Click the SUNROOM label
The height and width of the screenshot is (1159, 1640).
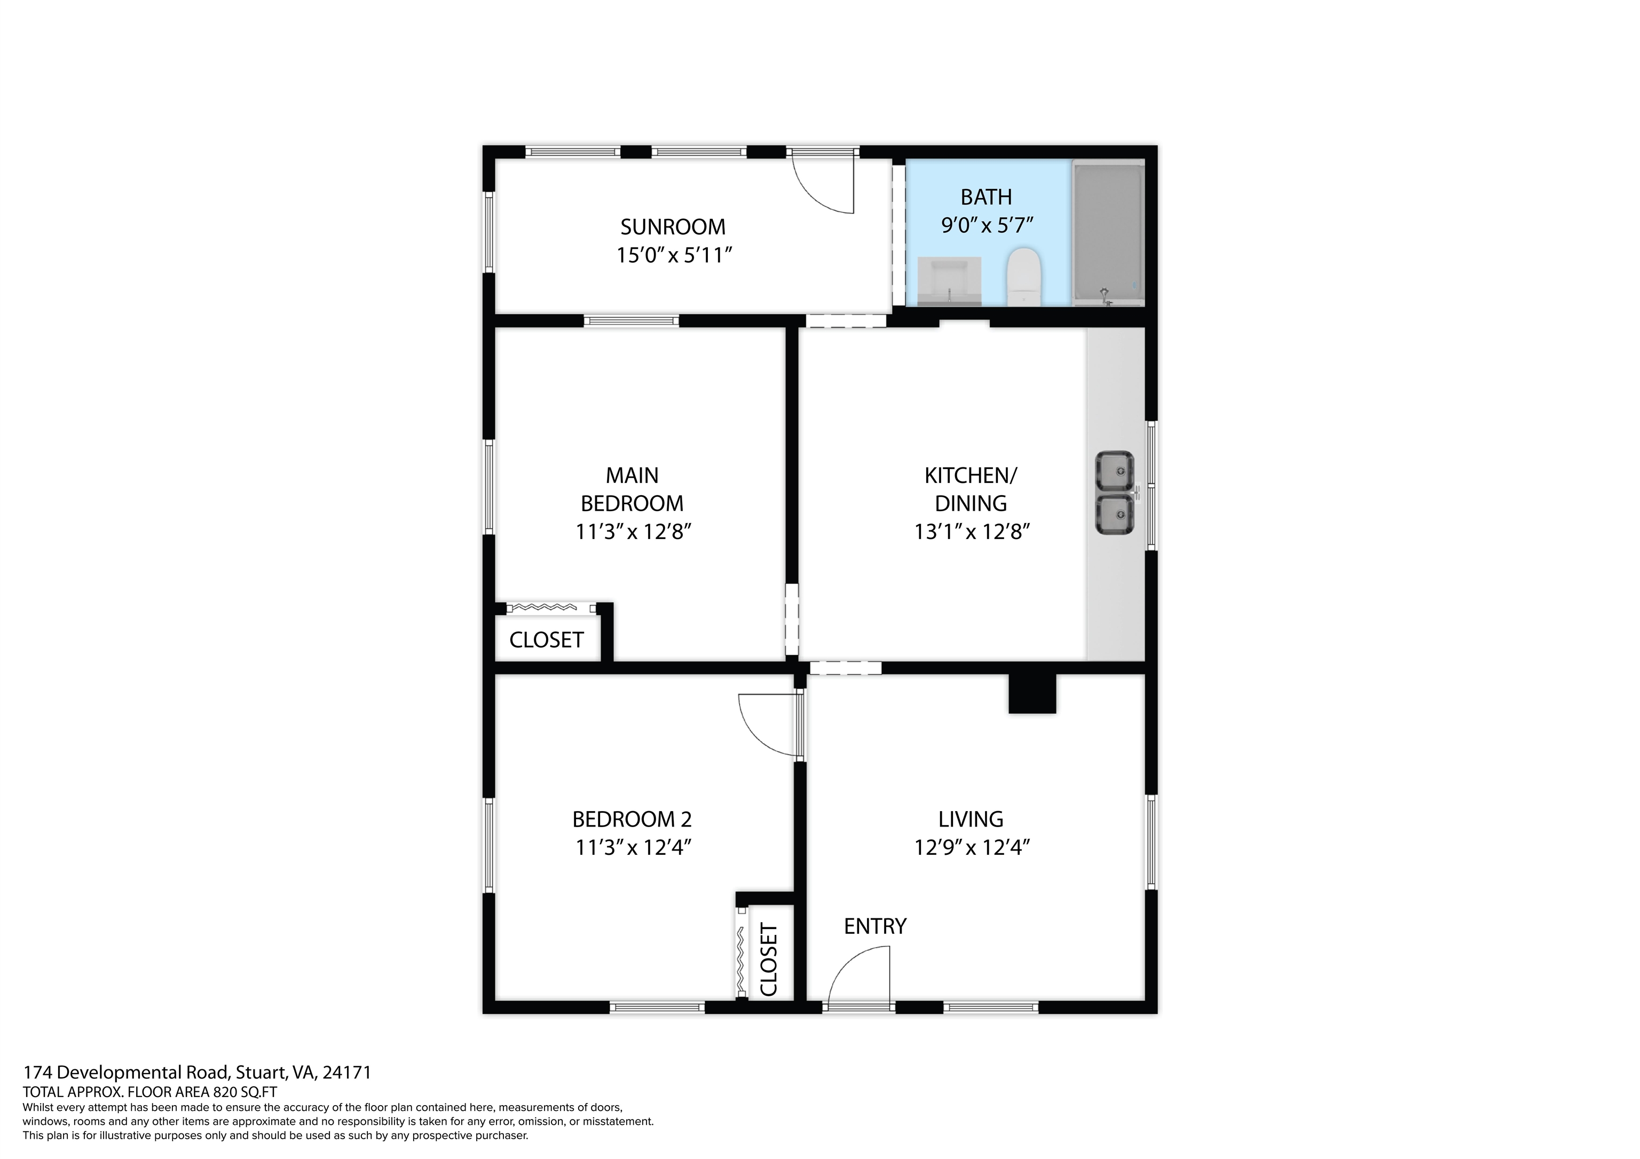672,227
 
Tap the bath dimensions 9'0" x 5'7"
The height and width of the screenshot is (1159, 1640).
987,226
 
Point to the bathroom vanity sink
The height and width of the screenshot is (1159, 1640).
949,281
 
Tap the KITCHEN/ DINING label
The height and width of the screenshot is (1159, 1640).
970,489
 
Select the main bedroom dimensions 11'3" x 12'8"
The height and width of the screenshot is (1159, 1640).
633,532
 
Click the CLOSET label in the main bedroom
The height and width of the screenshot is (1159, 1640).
547,640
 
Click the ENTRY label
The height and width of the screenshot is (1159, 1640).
874,926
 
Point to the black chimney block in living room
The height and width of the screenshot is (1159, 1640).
1031,694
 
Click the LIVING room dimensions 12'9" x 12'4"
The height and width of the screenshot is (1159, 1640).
971,848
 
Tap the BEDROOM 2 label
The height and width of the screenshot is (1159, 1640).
632,819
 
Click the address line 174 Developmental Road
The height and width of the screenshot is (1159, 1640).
197,1072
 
